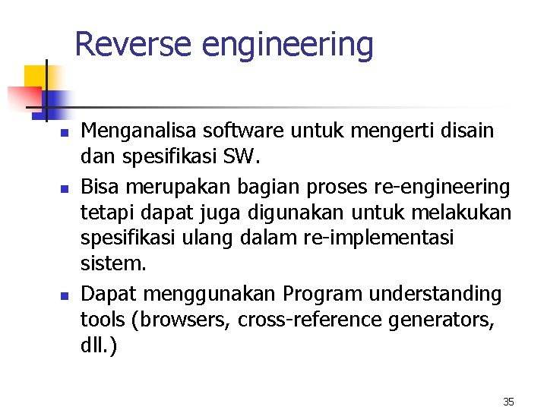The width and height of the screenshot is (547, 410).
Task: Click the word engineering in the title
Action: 287,46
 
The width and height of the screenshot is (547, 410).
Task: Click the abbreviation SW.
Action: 242,159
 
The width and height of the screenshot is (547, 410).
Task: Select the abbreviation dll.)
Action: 99,346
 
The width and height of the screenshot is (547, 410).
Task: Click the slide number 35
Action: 508,401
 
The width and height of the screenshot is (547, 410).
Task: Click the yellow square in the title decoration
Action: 35,77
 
